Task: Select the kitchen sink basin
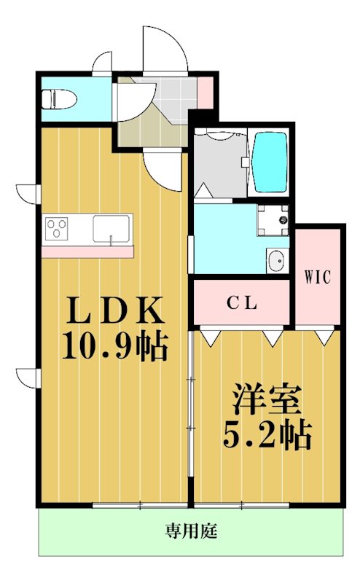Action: point(111,230)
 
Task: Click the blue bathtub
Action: point(270,160)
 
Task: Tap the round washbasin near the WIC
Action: point(275,260)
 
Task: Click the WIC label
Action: point(318,277)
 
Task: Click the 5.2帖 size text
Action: point(267,435)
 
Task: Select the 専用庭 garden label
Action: point(191,531)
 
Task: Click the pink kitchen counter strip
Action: point(87,251)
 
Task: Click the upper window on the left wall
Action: point(27,194)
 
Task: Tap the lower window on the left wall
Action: point(27,377)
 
